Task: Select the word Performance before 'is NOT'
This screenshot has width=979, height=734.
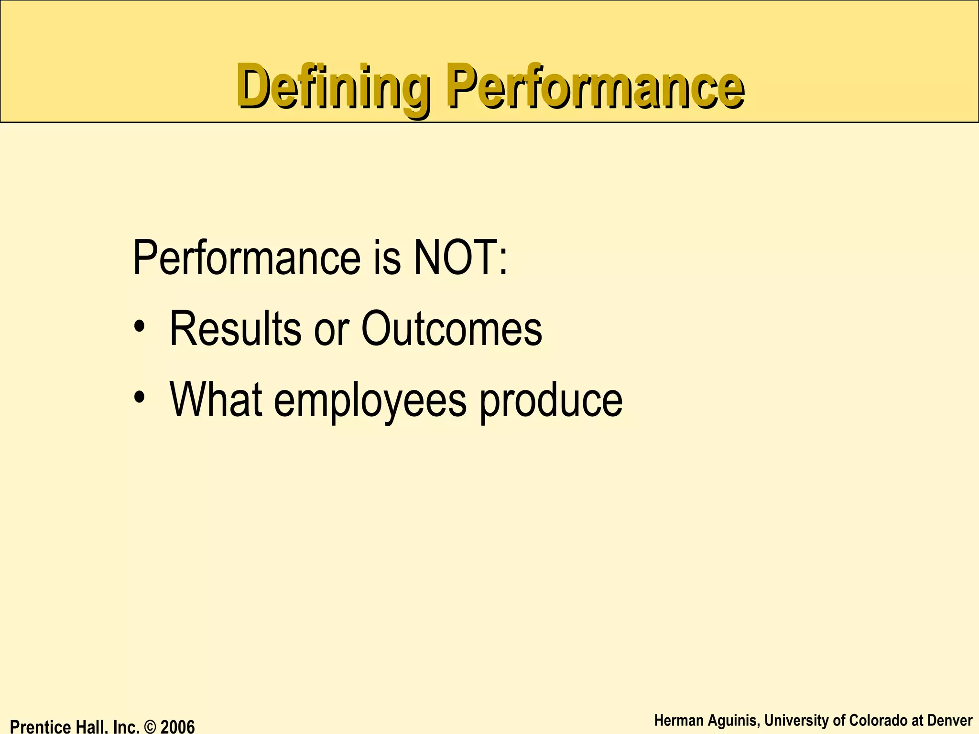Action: coord(246,258)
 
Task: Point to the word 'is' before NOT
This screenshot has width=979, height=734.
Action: coord(386,258)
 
